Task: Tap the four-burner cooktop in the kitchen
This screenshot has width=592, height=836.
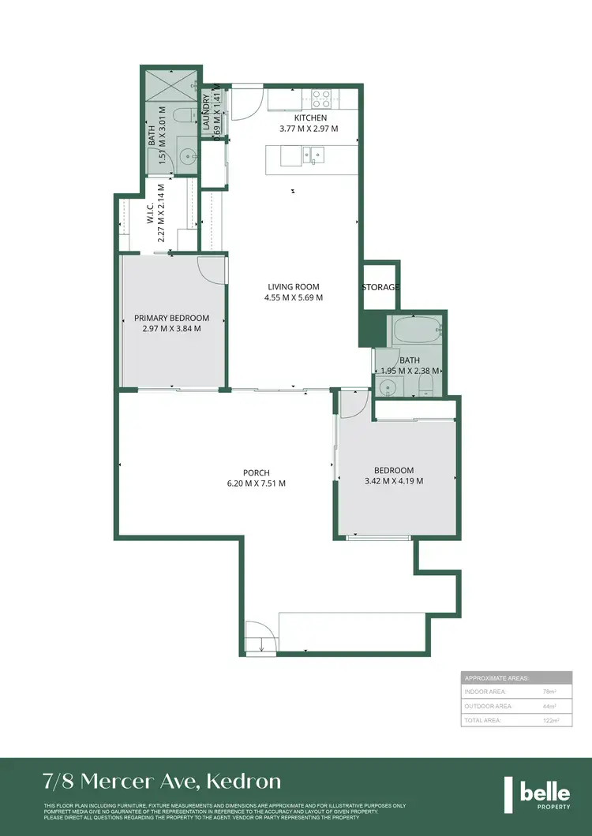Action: (x=322, y=99)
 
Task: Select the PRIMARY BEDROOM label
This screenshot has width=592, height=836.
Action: (x=171, y=318)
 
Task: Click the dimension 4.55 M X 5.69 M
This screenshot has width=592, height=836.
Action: (x=293, y=298)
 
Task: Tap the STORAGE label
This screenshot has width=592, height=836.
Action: (x=380, y=287)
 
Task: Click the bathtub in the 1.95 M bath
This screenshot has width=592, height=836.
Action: (x=415, y=329)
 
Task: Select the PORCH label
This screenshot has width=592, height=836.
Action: (x=258, y=473)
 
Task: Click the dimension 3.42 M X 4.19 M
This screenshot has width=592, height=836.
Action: (x=394, y=481)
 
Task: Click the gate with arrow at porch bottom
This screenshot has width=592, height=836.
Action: (x=260, y=637)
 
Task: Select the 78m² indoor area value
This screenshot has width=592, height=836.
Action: (x=547, y=692)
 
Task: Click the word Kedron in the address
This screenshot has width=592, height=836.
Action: (x=244, y=782)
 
